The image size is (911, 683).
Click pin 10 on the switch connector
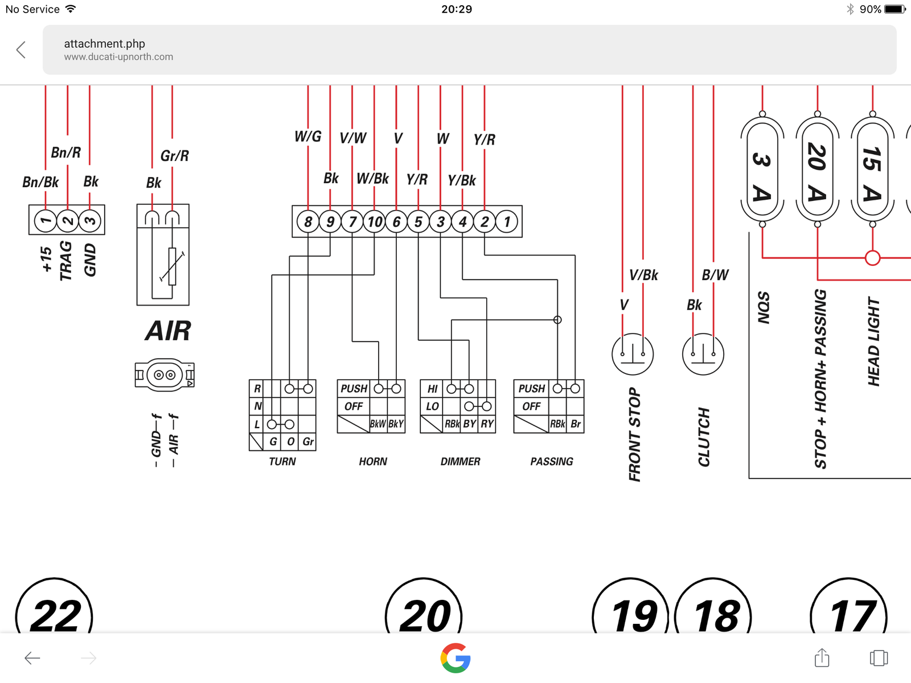pos(375,221)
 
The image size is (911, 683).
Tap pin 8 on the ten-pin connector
pos(308,221)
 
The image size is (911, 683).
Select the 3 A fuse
pos(762,169)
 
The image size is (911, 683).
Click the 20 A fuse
pos(817,169)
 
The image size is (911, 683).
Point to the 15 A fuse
pos(872,169)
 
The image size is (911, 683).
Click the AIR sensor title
pos(168,331)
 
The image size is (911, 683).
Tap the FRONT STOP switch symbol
pos(633,354)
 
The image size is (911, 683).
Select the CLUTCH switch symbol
pos(703,354)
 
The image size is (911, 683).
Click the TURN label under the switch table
pos(282,462)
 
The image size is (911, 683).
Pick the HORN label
pos(373,462)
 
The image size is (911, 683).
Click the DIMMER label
pos(460,462)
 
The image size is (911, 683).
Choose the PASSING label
pos(552,462)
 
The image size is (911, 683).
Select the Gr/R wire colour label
pos(174,155)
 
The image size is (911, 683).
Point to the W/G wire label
pos(308,137)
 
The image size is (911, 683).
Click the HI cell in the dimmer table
pos(432,389)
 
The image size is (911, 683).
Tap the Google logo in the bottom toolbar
pos(455,658)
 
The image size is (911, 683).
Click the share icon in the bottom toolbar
pos(822,658)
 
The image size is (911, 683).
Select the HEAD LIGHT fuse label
pos(874,341)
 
